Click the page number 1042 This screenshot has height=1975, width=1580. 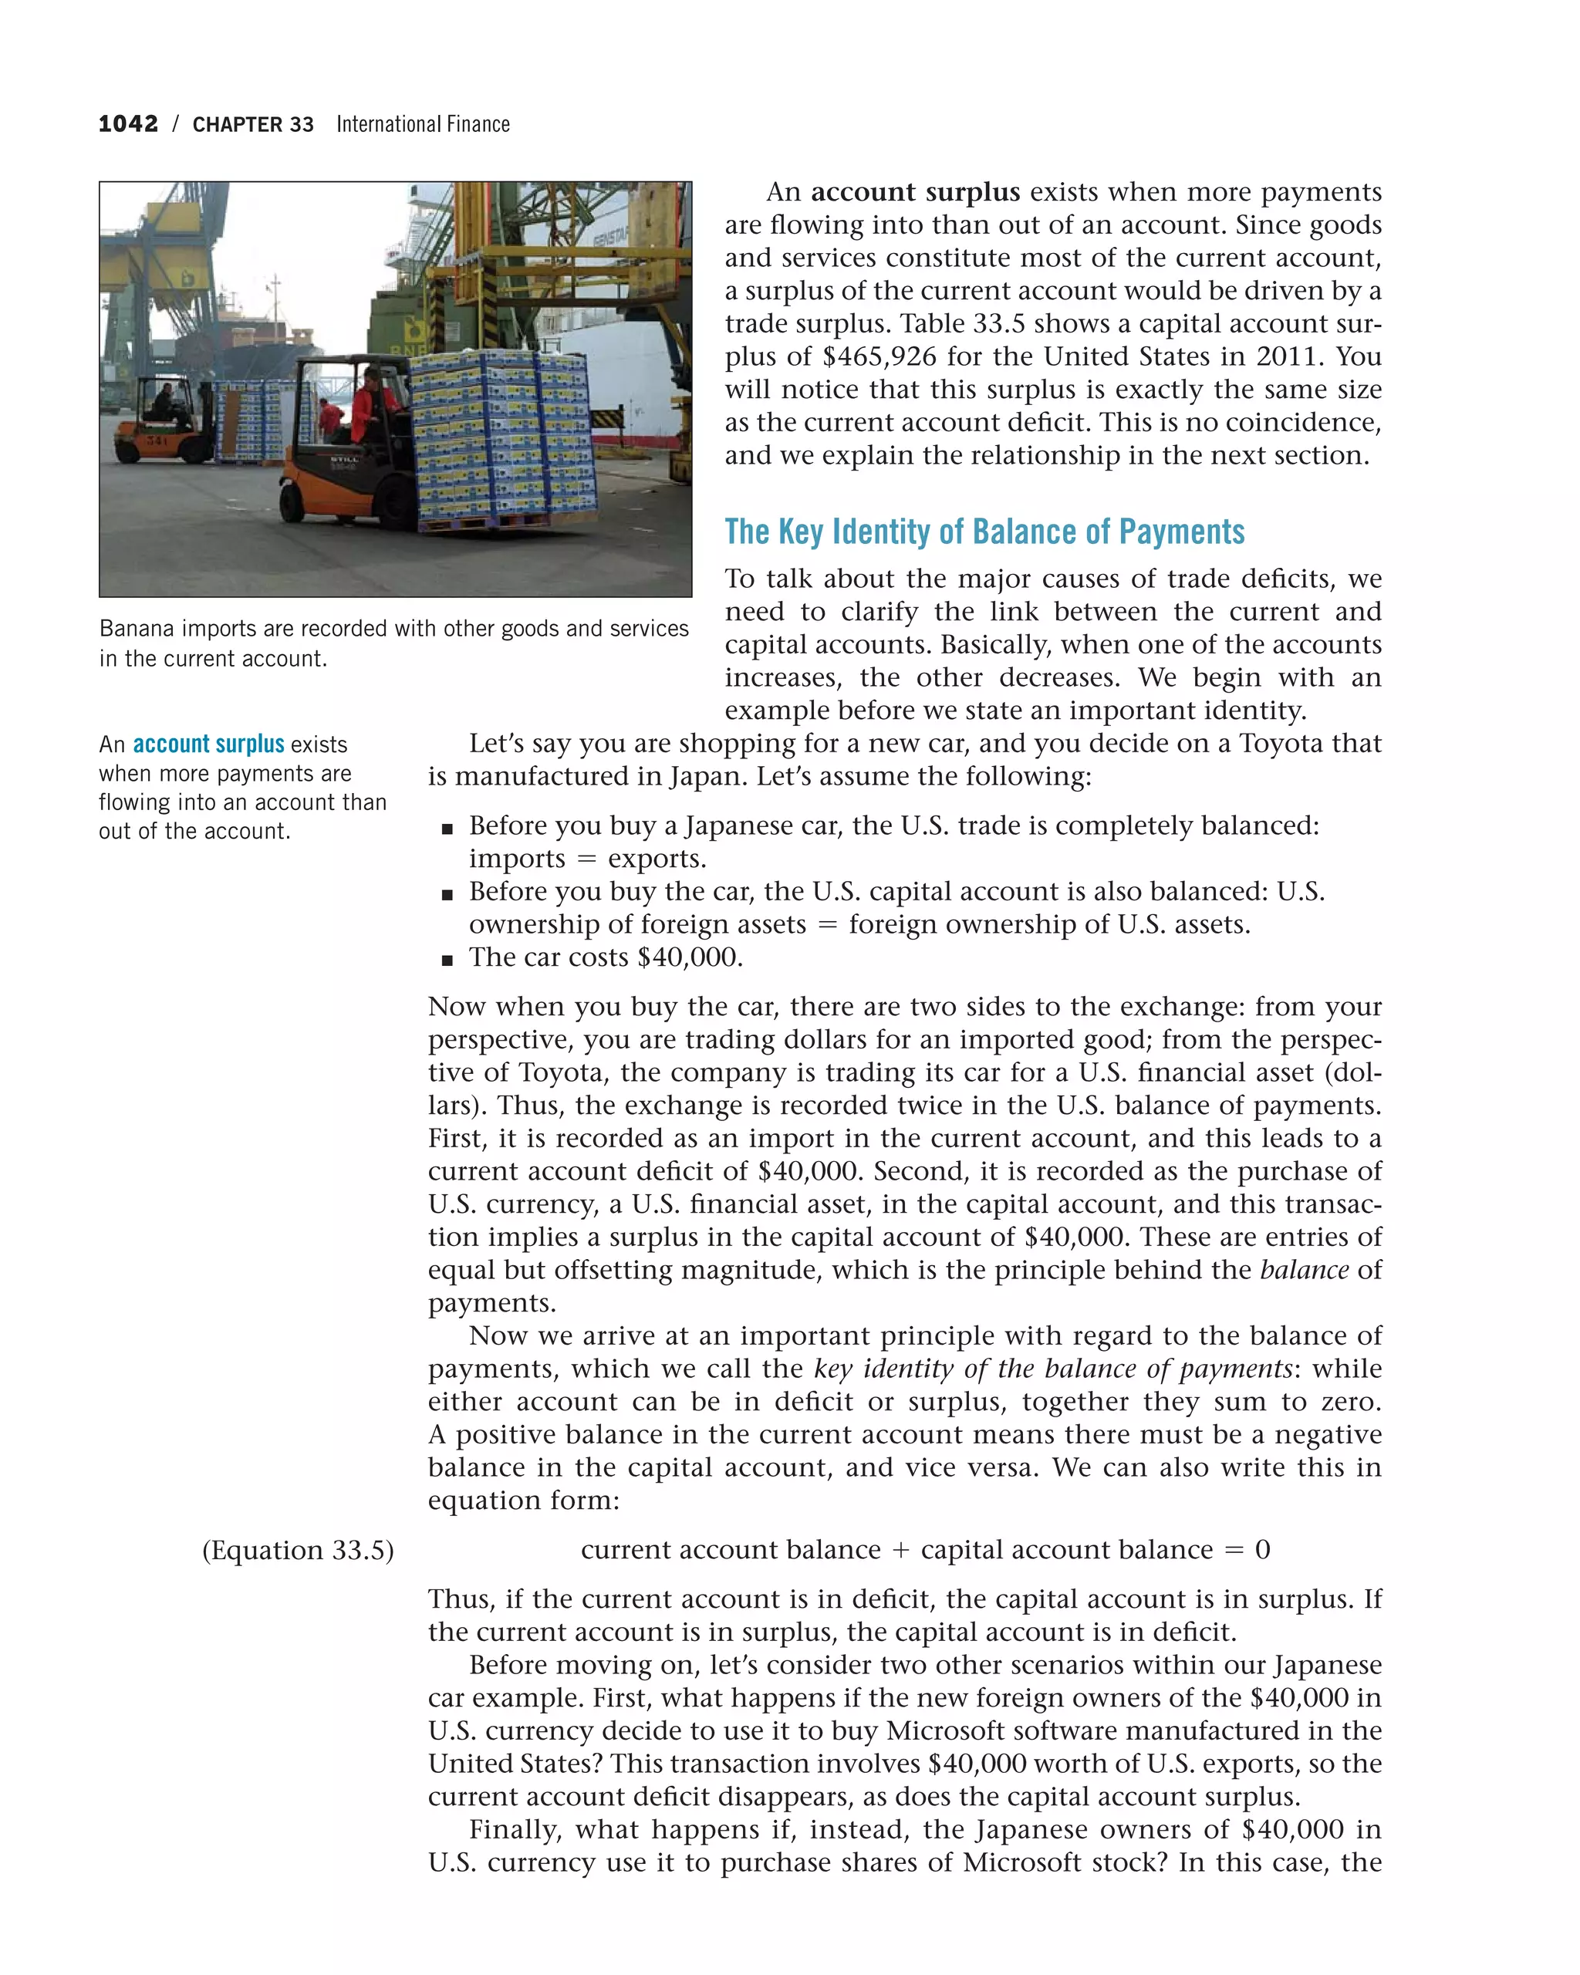pyautogui.click(x=128, y=123)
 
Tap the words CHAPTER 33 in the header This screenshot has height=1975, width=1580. pyautogui.click(x=253, y=124)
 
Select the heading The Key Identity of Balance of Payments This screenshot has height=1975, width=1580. pyautogui.click(x=984, y=532)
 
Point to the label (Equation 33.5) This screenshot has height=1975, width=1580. pyautogui.click(x=298, y=1550)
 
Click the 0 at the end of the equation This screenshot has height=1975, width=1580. pyautogui.click(x=1262, y=1550)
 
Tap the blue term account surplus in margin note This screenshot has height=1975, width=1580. pyautogui.click(x=208, y=744)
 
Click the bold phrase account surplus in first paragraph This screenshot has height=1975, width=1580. pyautogui.click(x=914, y=191)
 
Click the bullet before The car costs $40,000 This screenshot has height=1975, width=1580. pyautogui.click(x=447, y=960)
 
